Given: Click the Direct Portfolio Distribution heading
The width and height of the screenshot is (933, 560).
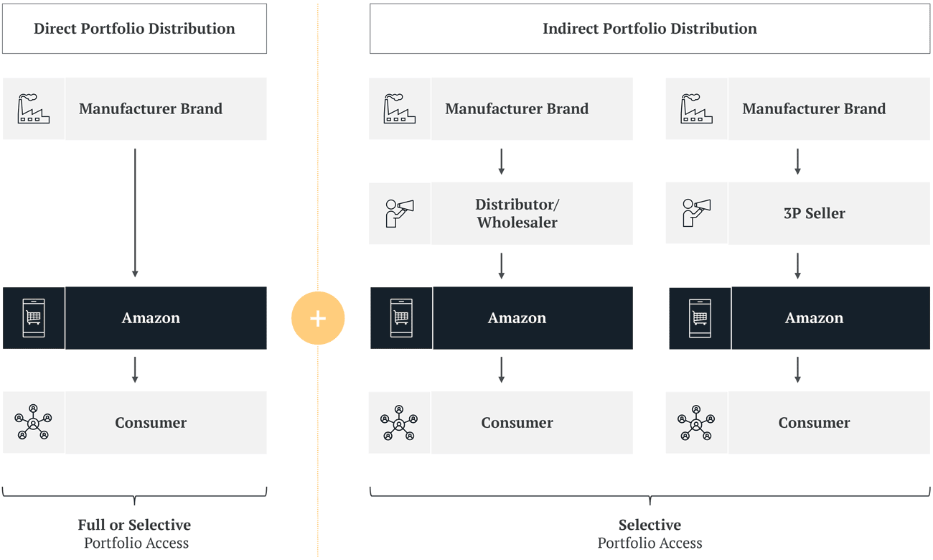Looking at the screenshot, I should (x=134, y=29).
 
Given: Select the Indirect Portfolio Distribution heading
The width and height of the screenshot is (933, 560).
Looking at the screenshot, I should (x=650, y=29).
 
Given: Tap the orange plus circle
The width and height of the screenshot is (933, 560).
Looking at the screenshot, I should (x=318, y=318).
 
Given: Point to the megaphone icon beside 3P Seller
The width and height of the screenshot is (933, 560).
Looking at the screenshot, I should (x=696, y=213).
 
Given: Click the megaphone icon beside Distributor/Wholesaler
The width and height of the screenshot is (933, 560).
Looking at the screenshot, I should (x=400, y=213).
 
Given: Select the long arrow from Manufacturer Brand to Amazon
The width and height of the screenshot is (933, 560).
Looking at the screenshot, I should (x=135, y=213).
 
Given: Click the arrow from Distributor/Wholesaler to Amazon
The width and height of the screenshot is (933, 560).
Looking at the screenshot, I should (x=502, y=266).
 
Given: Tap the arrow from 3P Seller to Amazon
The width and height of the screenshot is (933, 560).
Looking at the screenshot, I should (x=797, y=266).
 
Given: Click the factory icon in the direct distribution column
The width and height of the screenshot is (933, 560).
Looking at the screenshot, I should (x=33, y=109).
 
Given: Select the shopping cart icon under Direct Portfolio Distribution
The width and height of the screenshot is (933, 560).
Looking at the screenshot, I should (x=34, y=318).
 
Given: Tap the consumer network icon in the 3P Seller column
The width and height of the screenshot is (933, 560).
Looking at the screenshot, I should (x=696, y=423).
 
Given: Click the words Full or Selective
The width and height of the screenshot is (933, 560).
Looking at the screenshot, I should (x=134, y=525).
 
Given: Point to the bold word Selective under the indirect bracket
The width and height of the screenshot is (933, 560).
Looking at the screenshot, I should (x=650, y=525).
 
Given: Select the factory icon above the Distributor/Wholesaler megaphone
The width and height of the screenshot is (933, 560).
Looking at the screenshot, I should (x=400, y=109).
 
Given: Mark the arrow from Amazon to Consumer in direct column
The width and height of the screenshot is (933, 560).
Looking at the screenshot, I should (x=135, y=370).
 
